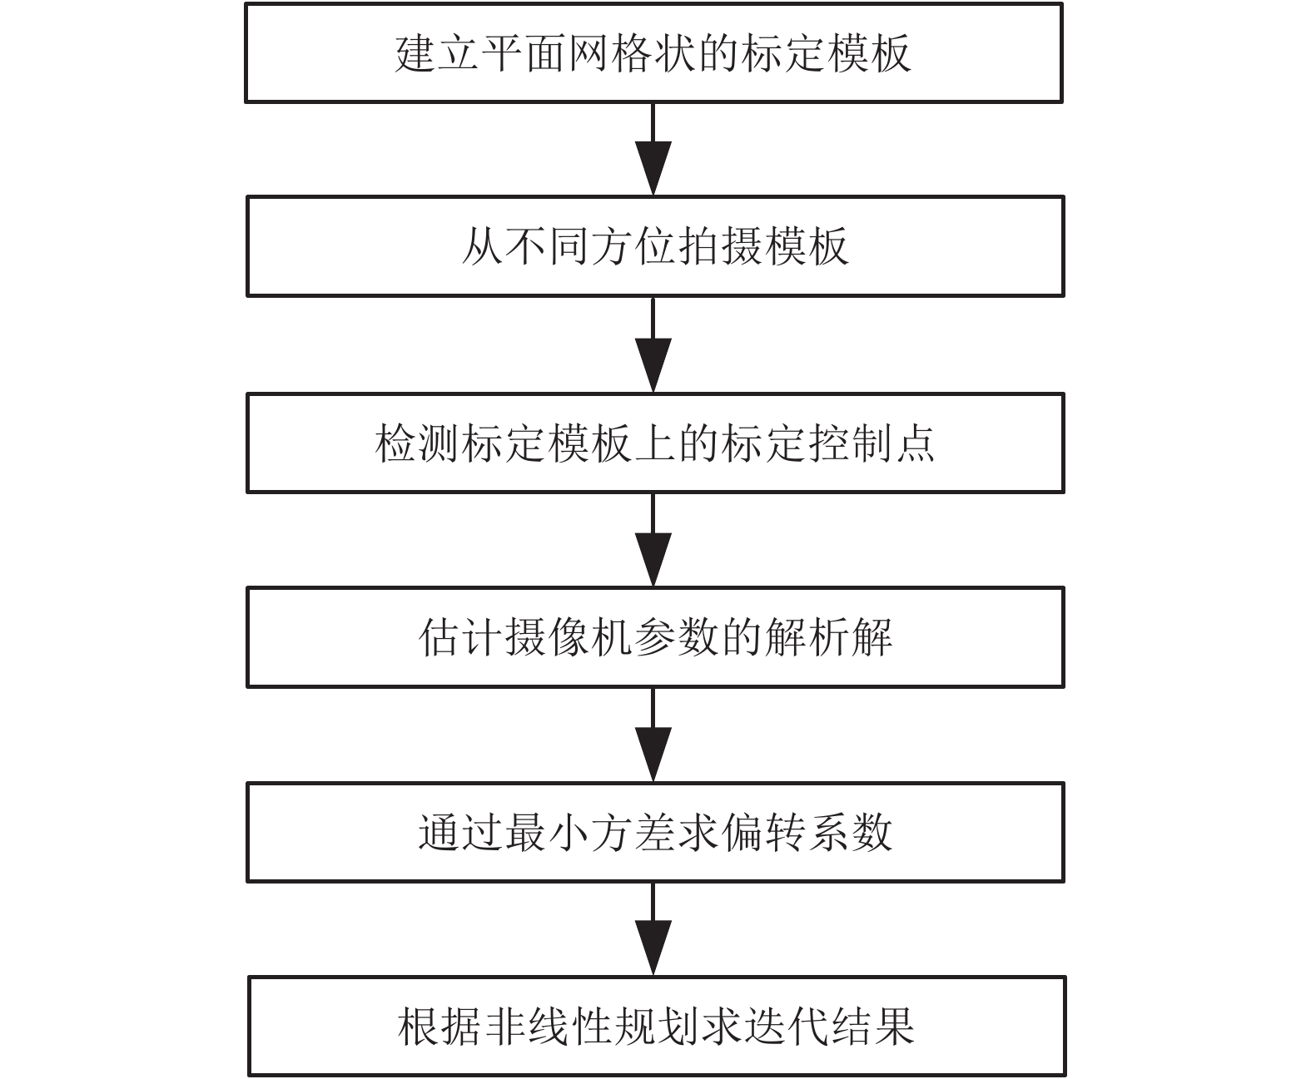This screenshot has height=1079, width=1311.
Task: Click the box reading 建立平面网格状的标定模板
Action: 653,52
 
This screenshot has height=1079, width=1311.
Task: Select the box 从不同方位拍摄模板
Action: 655,246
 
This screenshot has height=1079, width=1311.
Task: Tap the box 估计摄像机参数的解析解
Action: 655,637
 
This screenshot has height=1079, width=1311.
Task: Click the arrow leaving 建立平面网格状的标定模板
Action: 653,150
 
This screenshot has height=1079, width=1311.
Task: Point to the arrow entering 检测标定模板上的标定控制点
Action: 653,345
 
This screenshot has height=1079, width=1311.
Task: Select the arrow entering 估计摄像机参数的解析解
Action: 653,540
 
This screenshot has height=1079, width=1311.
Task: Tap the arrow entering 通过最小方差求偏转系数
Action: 653,735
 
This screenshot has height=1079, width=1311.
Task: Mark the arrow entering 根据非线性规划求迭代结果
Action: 653,929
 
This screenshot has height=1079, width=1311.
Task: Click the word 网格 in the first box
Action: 610,53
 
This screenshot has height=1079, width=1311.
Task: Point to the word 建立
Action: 437,53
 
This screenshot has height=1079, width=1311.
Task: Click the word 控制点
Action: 870,443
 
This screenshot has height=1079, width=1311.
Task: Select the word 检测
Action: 418,443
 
